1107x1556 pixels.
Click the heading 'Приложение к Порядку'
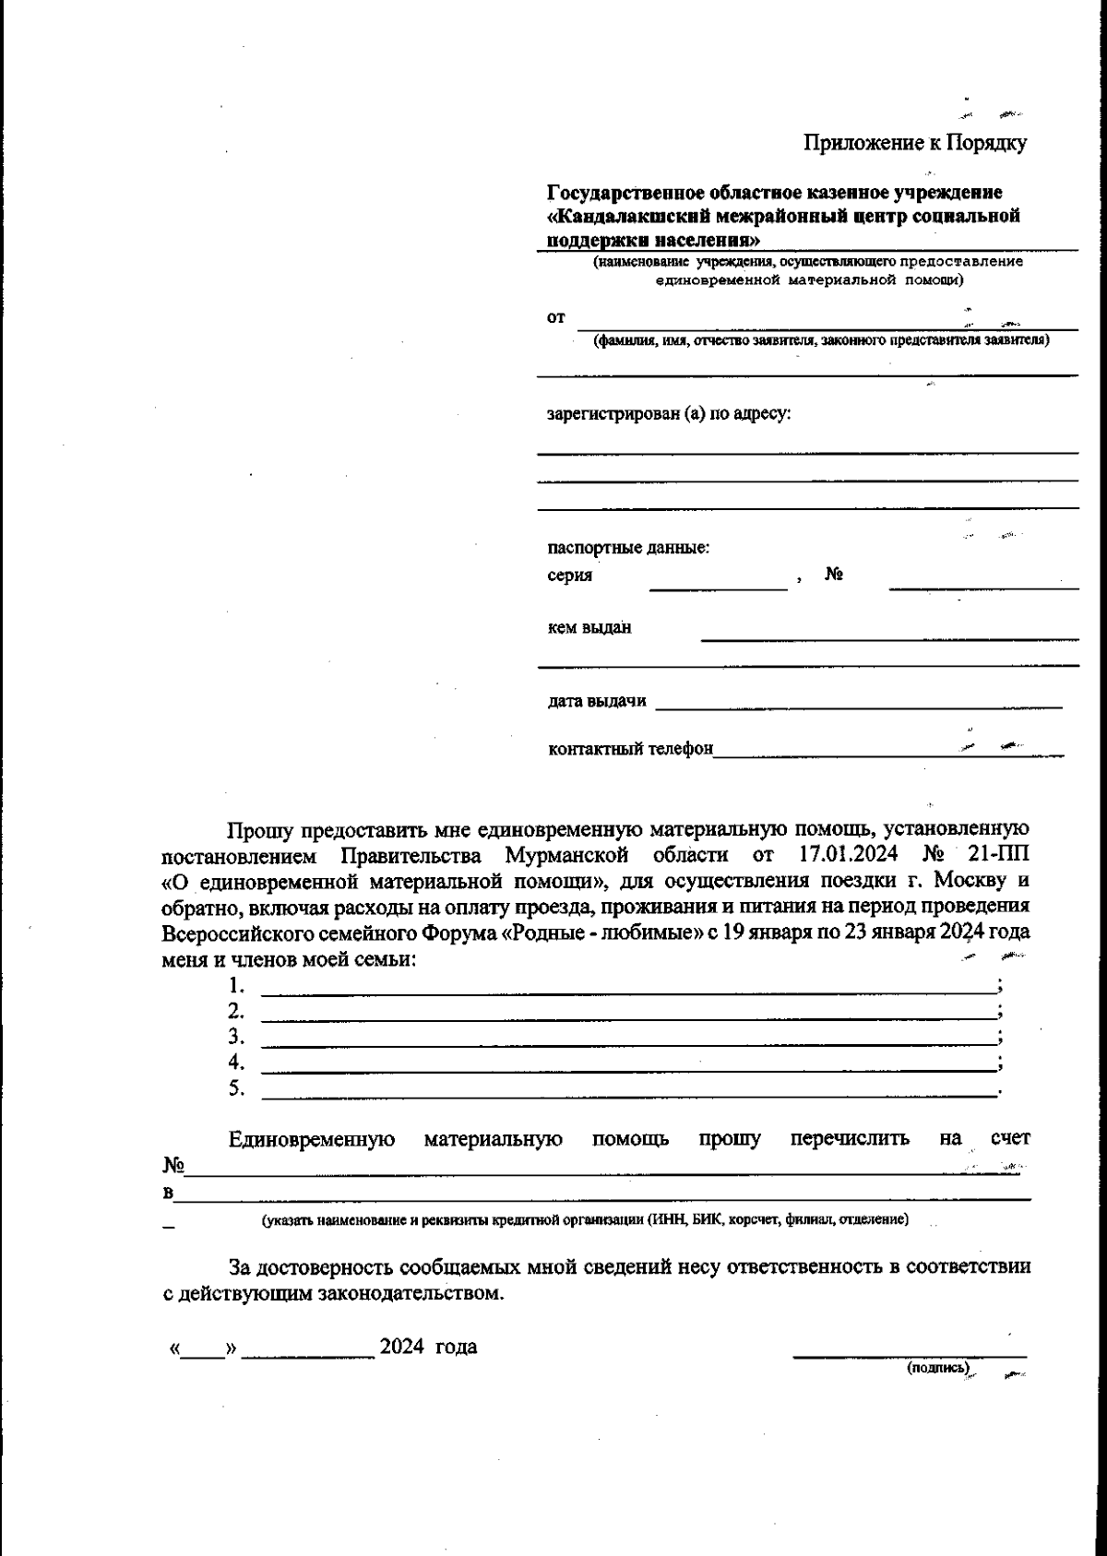[x=914, y=143]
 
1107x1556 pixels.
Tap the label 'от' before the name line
[x=555, y=318]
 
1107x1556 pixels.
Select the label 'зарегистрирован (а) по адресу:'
[x=669, y=413]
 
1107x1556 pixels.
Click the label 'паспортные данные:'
[x=628, y=548]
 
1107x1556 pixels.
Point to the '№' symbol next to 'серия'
[x=834, y=575]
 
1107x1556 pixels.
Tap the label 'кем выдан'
[x=589, y=628]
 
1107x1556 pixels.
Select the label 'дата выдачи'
[x=597, y=701]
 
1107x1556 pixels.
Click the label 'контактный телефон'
[x=630, y=749]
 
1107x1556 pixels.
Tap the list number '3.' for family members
[x=236, y=1036]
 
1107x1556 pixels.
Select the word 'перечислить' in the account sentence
[x=850, y=1139]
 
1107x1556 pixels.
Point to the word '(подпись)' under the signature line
[x=938, y=1368]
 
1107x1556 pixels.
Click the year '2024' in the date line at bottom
[x=401, y=1347]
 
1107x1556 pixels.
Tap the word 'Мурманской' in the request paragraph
[x=567, y=854]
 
